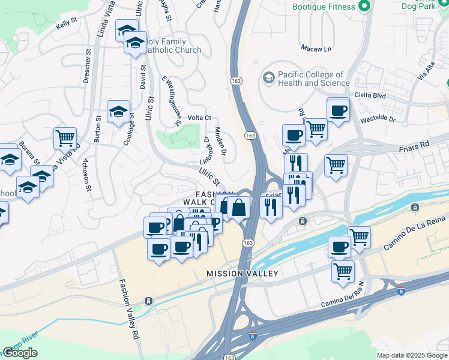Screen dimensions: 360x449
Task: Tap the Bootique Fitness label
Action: (x=324, y=7)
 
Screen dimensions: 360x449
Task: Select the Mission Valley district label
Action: (x=243, y=274)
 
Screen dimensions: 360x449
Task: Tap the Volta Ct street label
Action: (x=199, y=118)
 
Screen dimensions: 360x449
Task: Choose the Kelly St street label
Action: (x=67, y=24)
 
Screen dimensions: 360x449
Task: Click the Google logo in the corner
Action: (x=20, y=353)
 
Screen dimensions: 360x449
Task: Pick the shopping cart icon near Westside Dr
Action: (x=316, y=128)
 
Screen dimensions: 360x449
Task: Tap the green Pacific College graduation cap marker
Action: (x=268, y=78)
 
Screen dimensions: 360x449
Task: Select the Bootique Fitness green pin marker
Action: (x=363, y=7)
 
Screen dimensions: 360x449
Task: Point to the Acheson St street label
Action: (x=88, y=179)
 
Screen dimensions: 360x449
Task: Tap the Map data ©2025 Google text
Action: (x=412, y=355)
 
